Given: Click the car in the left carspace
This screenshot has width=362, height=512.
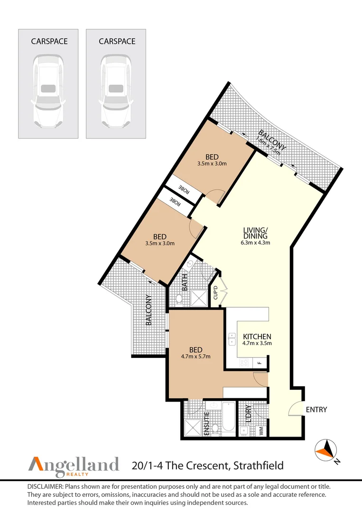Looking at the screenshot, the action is [48, 91].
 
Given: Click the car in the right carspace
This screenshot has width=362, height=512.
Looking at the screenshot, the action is [116, 91].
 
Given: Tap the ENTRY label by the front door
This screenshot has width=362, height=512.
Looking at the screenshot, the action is [316, 410].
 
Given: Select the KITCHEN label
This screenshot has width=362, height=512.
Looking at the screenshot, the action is [257, 336].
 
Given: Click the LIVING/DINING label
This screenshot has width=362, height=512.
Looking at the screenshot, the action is [256, 233].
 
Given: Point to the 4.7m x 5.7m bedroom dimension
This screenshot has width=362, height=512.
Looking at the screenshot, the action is [195, 357].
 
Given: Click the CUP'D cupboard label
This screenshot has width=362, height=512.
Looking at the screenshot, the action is [215, 293].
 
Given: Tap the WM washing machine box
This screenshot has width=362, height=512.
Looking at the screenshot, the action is [261, 431].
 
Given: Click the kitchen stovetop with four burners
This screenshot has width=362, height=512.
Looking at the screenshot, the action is [244, 363].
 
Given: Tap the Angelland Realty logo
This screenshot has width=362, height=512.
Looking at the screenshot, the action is [74, 466].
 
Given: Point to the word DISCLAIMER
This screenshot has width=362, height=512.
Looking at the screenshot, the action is [46, 487].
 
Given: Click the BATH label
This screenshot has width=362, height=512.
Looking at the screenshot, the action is [185, 283].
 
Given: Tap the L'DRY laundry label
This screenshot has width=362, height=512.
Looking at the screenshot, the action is [248, 414].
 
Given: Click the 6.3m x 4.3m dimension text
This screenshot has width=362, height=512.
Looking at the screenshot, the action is [256, 243].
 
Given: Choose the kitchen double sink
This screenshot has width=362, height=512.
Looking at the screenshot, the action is [232, 339].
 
